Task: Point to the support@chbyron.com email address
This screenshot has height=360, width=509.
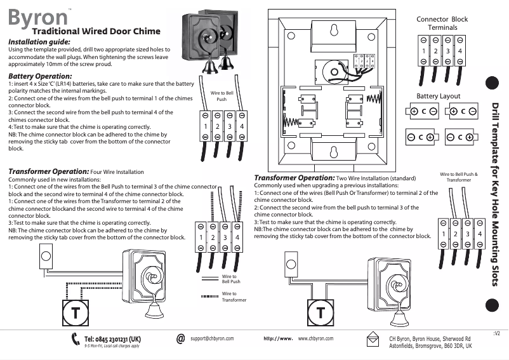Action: click(x=212, y=339)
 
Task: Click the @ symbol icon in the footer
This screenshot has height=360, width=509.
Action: click(x=181, y=339)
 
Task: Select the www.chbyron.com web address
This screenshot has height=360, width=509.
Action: click(x=315, y=339)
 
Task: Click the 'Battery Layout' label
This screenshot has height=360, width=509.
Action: click(x=438, y=96)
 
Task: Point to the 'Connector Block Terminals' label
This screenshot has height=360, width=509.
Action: click(x=442, y=23)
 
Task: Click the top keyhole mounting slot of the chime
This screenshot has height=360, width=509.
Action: click(x=331, y=29)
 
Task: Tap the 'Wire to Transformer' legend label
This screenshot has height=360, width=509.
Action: click(x=229, y=297)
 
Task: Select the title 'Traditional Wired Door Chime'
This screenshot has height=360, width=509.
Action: click(x=95, y=30)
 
